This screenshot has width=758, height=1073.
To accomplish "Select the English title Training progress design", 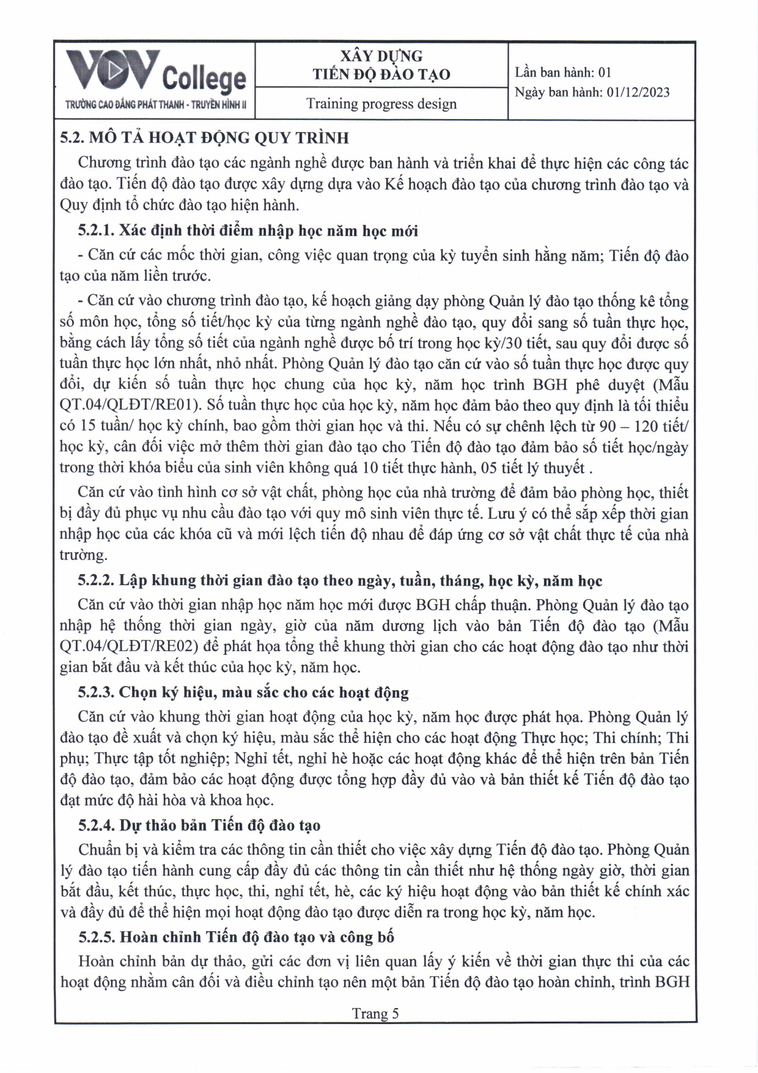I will click(381, 104).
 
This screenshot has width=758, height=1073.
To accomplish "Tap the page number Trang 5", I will click(375, 1014).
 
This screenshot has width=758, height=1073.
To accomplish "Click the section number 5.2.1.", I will click(97, 231).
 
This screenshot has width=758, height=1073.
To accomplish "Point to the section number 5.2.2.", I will click(97, 580).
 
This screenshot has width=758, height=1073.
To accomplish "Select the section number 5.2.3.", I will click(97, 692).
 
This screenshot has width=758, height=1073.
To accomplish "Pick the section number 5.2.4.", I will click(97, 825).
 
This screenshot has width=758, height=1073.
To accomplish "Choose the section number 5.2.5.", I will click(97, 937).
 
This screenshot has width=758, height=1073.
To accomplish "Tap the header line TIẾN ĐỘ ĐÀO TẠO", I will click(381, 75).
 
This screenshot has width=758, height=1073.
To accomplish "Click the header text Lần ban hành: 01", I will click(563, 73).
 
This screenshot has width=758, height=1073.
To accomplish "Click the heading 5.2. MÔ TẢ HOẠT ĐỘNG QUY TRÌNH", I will click(204, 138).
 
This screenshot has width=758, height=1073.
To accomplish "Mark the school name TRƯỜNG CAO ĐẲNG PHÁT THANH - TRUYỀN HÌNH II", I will click(156, 105).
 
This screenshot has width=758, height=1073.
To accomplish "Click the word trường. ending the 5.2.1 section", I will click(84, 555).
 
